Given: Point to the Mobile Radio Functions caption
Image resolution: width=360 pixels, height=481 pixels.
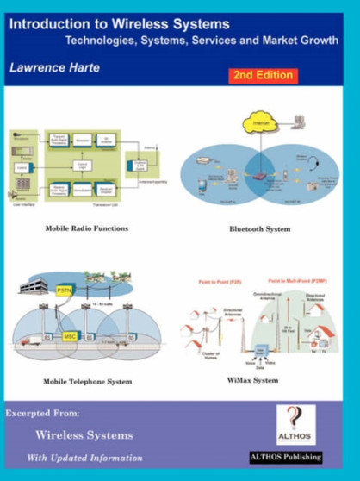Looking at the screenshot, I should (87, 229).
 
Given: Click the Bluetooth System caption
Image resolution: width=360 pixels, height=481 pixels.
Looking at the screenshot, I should (259, 230).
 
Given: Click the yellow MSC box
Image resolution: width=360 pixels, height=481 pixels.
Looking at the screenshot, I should (71, 335).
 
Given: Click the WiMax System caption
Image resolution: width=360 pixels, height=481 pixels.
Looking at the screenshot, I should (253, 380).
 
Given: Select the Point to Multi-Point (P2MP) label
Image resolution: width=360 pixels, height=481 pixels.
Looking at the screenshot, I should (299, 281).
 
